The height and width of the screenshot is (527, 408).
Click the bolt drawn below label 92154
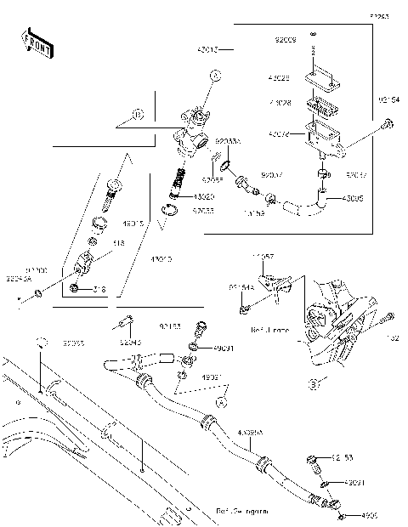pos(388,126)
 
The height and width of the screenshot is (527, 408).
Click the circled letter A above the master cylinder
pos(215,76)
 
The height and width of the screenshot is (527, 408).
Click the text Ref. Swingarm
pos(241,513)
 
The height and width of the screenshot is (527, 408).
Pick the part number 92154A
pos(241,287)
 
